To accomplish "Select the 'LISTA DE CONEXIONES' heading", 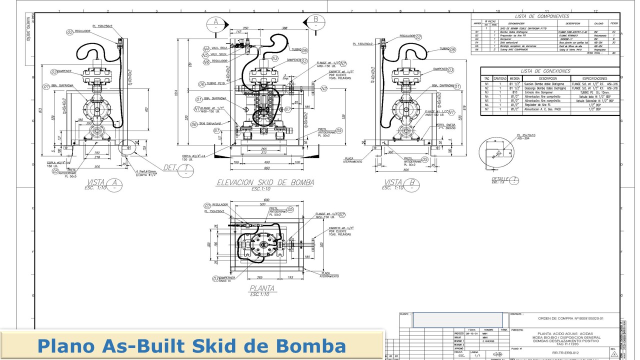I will (545, 71).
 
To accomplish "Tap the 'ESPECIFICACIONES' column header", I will (594, 78).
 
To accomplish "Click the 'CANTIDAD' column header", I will (500, 78).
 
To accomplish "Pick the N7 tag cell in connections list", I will (486, 109).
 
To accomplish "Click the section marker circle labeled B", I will (315, 20).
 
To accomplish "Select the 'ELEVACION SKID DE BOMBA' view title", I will (264, 182).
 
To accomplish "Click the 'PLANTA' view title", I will (262, 288).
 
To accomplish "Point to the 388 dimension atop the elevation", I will (284, 28).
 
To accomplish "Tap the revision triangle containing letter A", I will (613, 352).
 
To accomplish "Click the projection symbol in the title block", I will (497, 354).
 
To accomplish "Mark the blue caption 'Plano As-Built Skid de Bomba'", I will (192, 346).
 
